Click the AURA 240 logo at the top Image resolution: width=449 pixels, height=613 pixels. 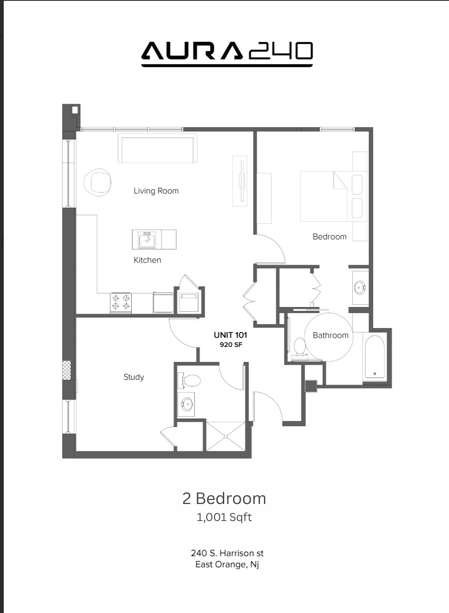(x=227, y=53)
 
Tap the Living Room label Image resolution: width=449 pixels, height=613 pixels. (x=156, y=191)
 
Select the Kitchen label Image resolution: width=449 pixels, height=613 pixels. (x=147, y=260)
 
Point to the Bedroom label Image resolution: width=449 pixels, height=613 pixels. (x=329, y=237)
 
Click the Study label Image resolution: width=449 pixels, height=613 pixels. (x=134, y=377)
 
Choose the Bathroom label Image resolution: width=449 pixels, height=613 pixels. (x=330, y=335)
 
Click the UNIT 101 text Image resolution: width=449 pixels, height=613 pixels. (x=230, y=335)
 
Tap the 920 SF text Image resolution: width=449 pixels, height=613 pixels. (x=231, y=345)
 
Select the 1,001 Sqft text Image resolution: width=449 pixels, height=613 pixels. (x=224, y=517)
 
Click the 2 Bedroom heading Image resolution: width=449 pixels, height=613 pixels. (x=224, y=499)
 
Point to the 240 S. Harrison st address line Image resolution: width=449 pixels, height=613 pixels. (x=227, y=553)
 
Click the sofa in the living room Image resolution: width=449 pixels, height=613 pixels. (x=157, y=148)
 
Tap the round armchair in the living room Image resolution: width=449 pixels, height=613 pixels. (x=98, y=182)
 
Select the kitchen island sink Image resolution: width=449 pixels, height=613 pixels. (x=147, y=240)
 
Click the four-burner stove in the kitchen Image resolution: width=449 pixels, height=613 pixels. (x=121, y=303)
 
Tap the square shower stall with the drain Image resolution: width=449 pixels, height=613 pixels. (x=225, y=436)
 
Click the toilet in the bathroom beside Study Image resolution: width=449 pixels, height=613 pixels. (x=190, y=380)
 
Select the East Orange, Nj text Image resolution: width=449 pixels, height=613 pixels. (x=227, y=565)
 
